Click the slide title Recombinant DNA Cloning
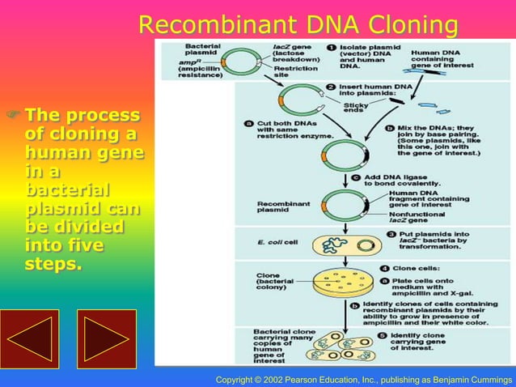298,25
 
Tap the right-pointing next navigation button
106,338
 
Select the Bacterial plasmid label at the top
201,51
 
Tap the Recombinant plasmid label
278,206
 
